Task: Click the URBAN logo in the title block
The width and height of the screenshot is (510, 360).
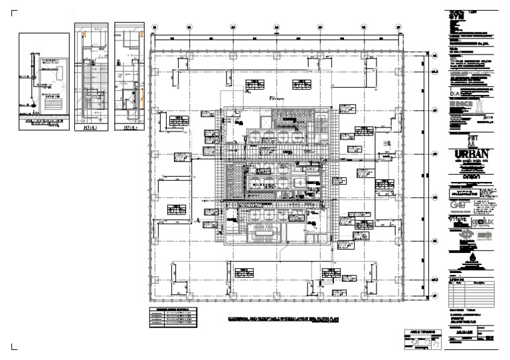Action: pos(473,156)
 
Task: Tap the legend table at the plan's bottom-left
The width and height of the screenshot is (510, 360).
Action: pos(173,317)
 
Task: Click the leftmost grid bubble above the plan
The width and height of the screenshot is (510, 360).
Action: pos(154,28)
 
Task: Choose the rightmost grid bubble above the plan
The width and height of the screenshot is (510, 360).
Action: pos(398,28)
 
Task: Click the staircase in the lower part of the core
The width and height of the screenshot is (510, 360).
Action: pos(264,232)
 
